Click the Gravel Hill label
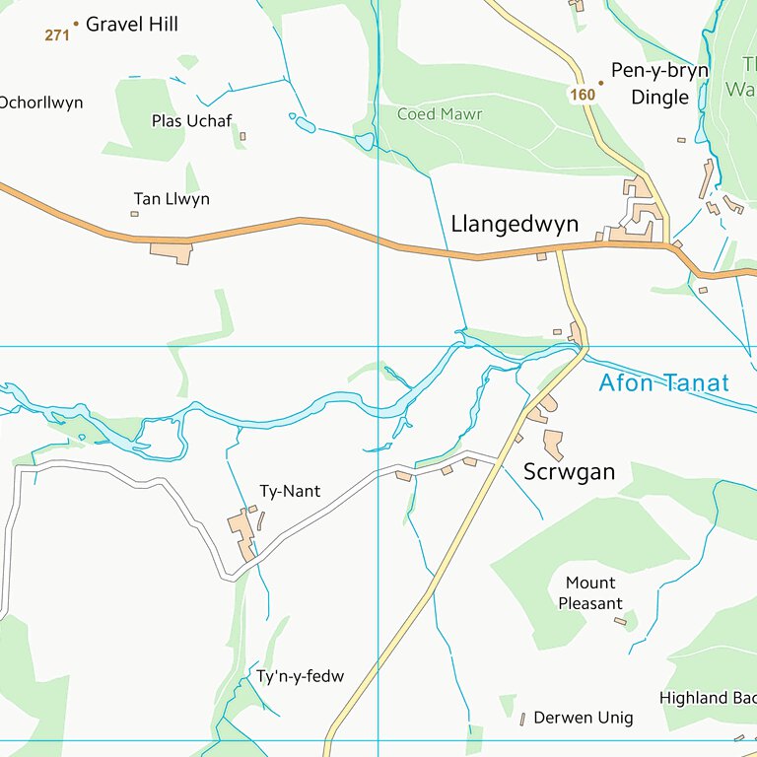pos(131,25)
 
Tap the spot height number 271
pos(57,35)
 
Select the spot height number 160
pos(583,95)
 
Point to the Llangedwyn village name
pos(515,224)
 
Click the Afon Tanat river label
pos(663,383)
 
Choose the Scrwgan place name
pos(569,472)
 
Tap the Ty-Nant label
pos(290,491)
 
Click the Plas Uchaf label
pos(191,120)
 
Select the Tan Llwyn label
pos(172,199)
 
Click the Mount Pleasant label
pos(590,592)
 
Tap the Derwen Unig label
pos(583,718)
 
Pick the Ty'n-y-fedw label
pos(301,676)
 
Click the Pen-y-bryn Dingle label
pos(659,84)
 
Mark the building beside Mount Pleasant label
pos(620,621)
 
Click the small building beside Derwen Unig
pos(522,720)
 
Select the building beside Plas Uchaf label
pos(242,136)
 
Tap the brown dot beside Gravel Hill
pos(76,23)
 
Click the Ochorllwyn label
pos(40,103)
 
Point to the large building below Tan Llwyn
pos(172,252)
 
